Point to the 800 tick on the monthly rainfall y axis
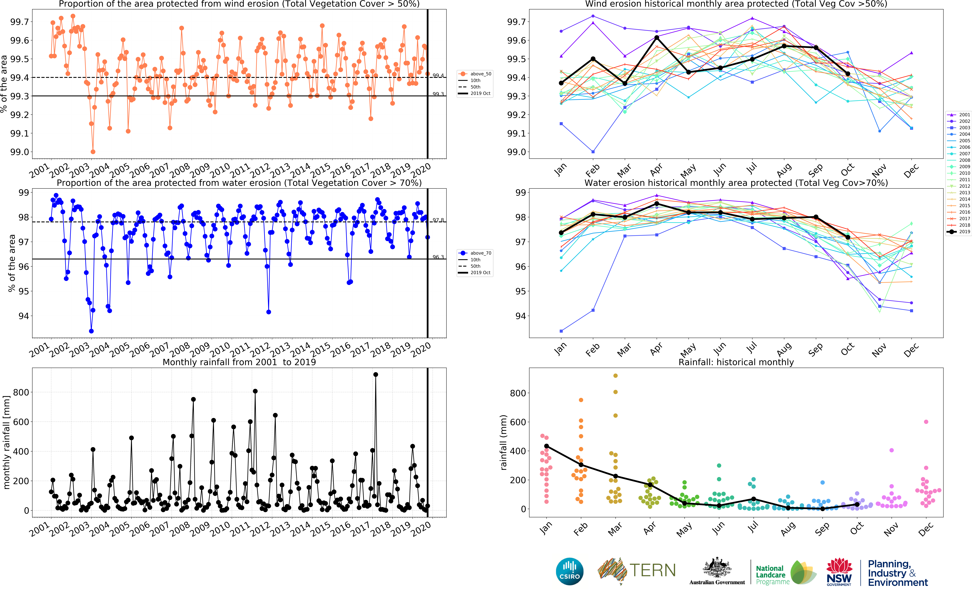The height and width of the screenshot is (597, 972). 21,392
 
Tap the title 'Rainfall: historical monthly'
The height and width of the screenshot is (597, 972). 736,362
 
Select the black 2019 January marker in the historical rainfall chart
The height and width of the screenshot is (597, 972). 546,446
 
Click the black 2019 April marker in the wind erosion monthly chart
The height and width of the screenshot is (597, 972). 656,38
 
